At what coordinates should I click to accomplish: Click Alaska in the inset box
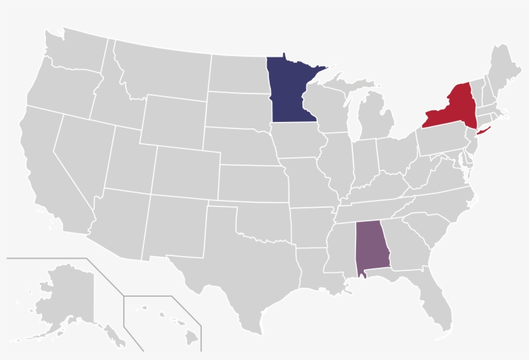[x=65, y=297]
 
